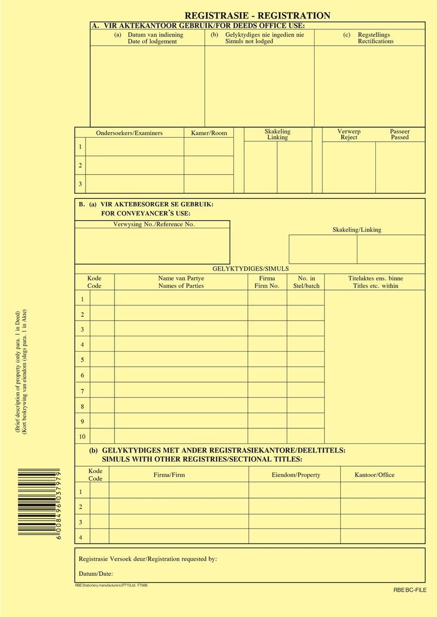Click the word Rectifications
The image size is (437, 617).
pyautogui.click(x=376, y=42)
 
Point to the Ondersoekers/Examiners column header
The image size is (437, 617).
pyautogui.click(x=129, y=133)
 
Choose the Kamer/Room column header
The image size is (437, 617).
pyautogui.click(x=209, y=133)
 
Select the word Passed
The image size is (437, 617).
pyautogui.click(x=399, y=138)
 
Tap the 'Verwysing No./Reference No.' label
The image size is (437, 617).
pyautogui.click(x=154, y=225)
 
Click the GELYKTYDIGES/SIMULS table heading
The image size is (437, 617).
pyautogui.click(x=250, y=268)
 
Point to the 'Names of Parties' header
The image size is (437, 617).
pyautogui.click(x=181, y=286)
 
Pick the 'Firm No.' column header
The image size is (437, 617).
pyautogui.click(x=267, y=286)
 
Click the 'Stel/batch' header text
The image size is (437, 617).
pyautogui.click(x=306, y=286)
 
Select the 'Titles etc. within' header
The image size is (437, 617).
pyautogui.click(x=375, y=286)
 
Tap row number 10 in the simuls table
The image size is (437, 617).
pyautogui.click(x=82, y=437)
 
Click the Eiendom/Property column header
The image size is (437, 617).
pyautogui.click(x=296, y=475)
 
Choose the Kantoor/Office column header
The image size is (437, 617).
pyautogui.click(x=375, y=475)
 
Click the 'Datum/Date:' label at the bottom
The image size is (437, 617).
pyautogui.click(x=96, y=574)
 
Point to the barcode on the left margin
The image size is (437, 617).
pyautogui.click(x=40, y=503)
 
